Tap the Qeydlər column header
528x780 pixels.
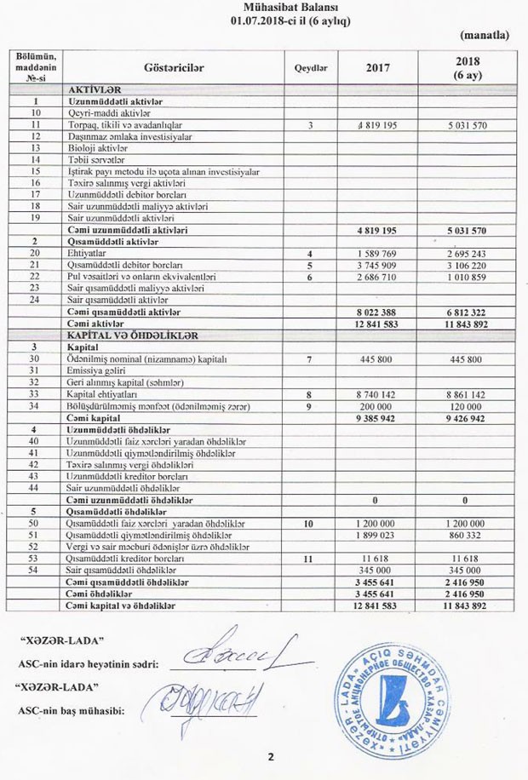tap(311, 66)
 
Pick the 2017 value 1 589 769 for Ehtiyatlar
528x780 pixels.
tap(378, 254)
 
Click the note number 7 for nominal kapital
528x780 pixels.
tap(311, 359)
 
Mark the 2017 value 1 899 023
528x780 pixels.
tap(378, 534)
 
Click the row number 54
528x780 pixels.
tap(35, 569)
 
